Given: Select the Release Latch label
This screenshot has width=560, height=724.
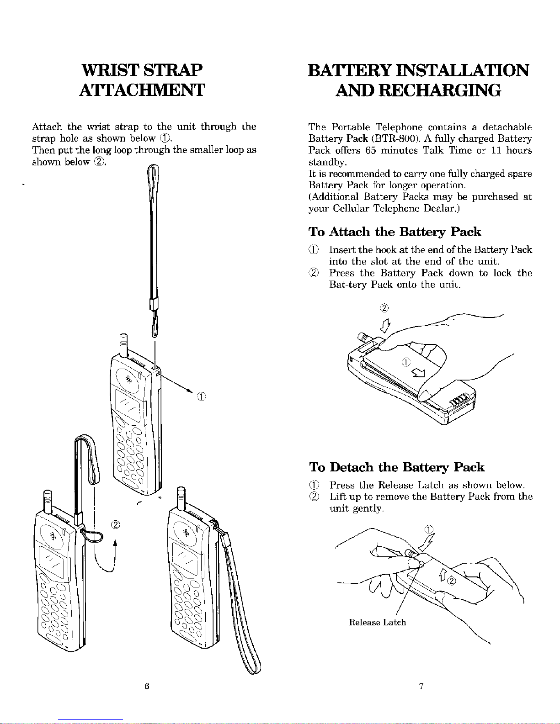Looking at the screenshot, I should pos(377,622).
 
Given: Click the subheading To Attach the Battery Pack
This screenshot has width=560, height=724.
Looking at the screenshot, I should pos(395,232).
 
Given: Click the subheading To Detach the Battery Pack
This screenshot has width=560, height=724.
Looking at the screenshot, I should pos(396,467).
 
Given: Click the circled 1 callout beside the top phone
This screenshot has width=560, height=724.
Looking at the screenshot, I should pos(203,396).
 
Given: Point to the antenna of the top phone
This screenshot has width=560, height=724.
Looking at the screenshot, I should pos(123,345).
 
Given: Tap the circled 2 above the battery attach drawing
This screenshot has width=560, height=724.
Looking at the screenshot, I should pos(384,307).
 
